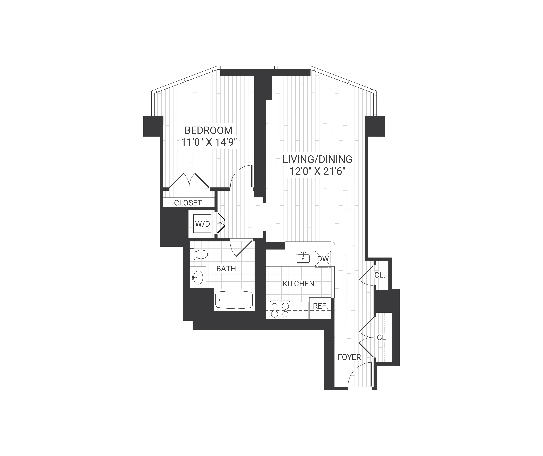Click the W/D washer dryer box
(203, 224)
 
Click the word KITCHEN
(298, 284)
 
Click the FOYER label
(349, 357)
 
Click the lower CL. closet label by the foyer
(382, 337)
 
